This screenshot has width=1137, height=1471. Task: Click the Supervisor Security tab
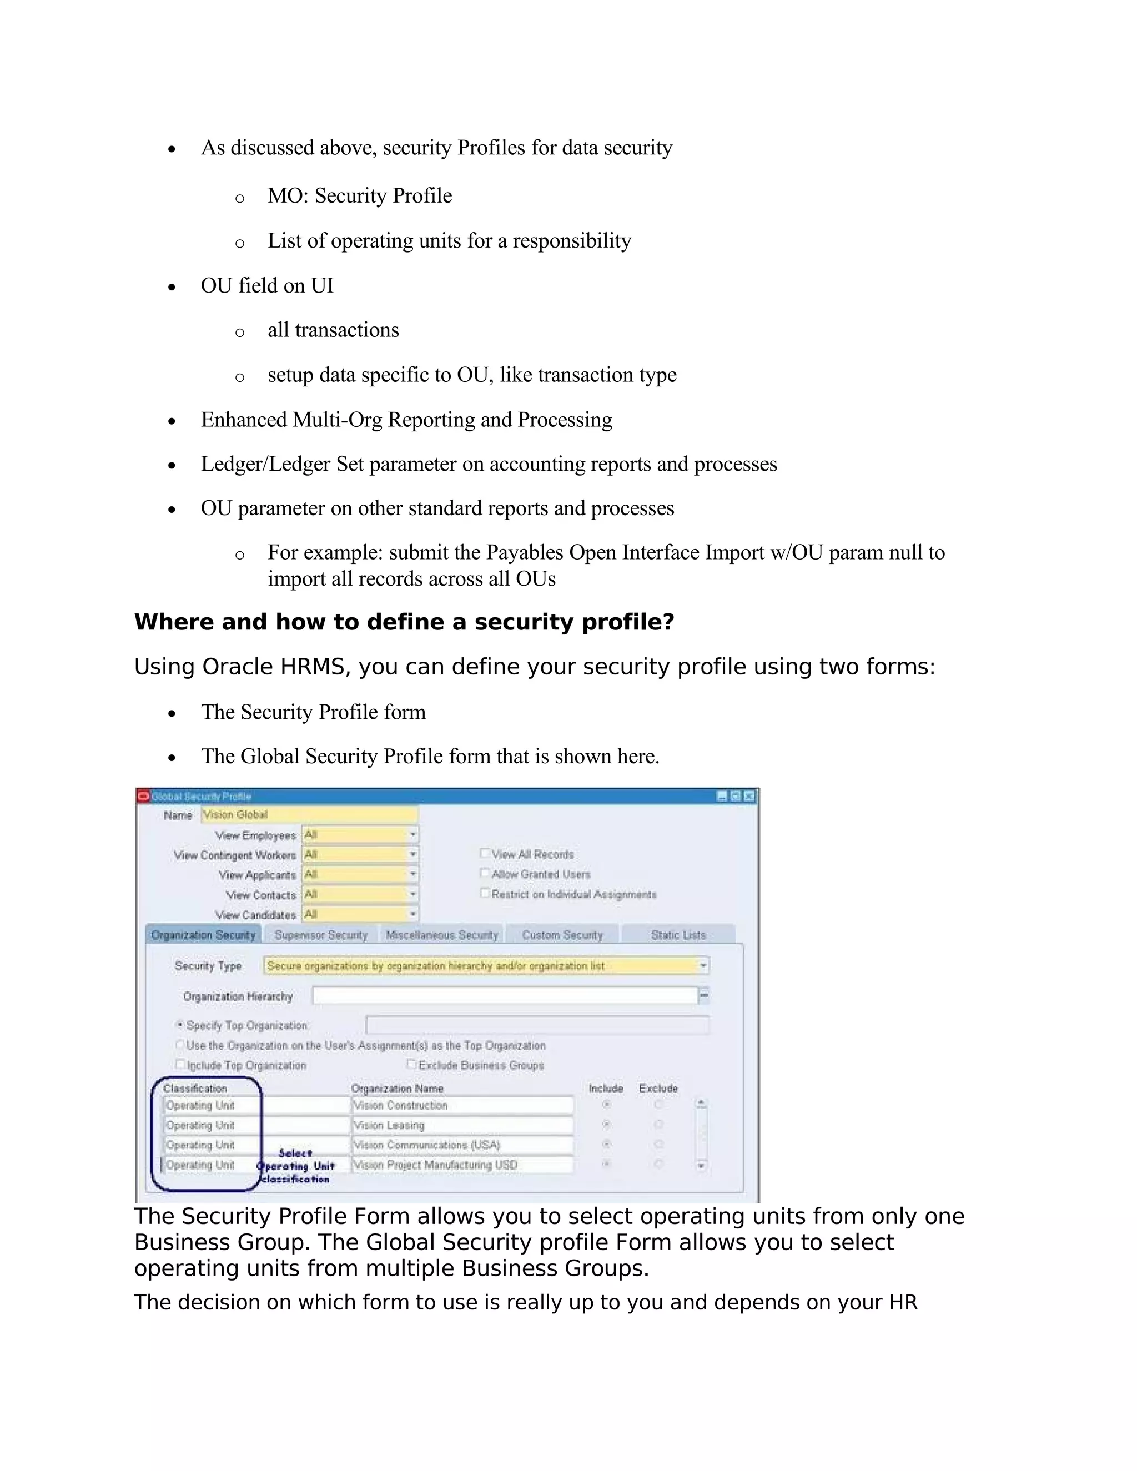(321, 935)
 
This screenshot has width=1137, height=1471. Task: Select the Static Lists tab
(678, 935)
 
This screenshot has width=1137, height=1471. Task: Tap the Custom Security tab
(562, 935)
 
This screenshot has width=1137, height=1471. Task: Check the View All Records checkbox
(484, 853)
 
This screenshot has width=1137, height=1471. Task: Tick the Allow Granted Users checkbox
(484, 873)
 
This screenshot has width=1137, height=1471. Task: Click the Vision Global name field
(309, 814)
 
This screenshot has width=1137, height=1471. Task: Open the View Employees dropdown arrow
(412, 834)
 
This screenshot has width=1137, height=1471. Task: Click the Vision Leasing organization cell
(462, 1125)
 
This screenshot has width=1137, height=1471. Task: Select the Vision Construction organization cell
(462, 1105)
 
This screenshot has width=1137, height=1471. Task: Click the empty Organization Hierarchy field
(504, 995)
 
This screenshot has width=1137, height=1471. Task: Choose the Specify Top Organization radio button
(180, 1025)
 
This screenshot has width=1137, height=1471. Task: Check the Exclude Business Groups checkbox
(411, 1064)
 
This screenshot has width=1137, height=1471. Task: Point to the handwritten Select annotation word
(295, 1153)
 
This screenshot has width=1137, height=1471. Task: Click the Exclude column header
(658, 1089)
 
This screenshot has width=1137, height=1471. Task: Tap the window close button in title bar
(749, 796)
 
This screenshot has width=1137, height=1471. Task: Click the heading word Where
(174, 622)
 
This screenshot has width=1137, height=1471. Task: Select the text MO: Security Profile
(360, 195)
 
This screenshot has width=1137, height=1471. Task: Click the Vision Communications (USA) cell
(462, 1145)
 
